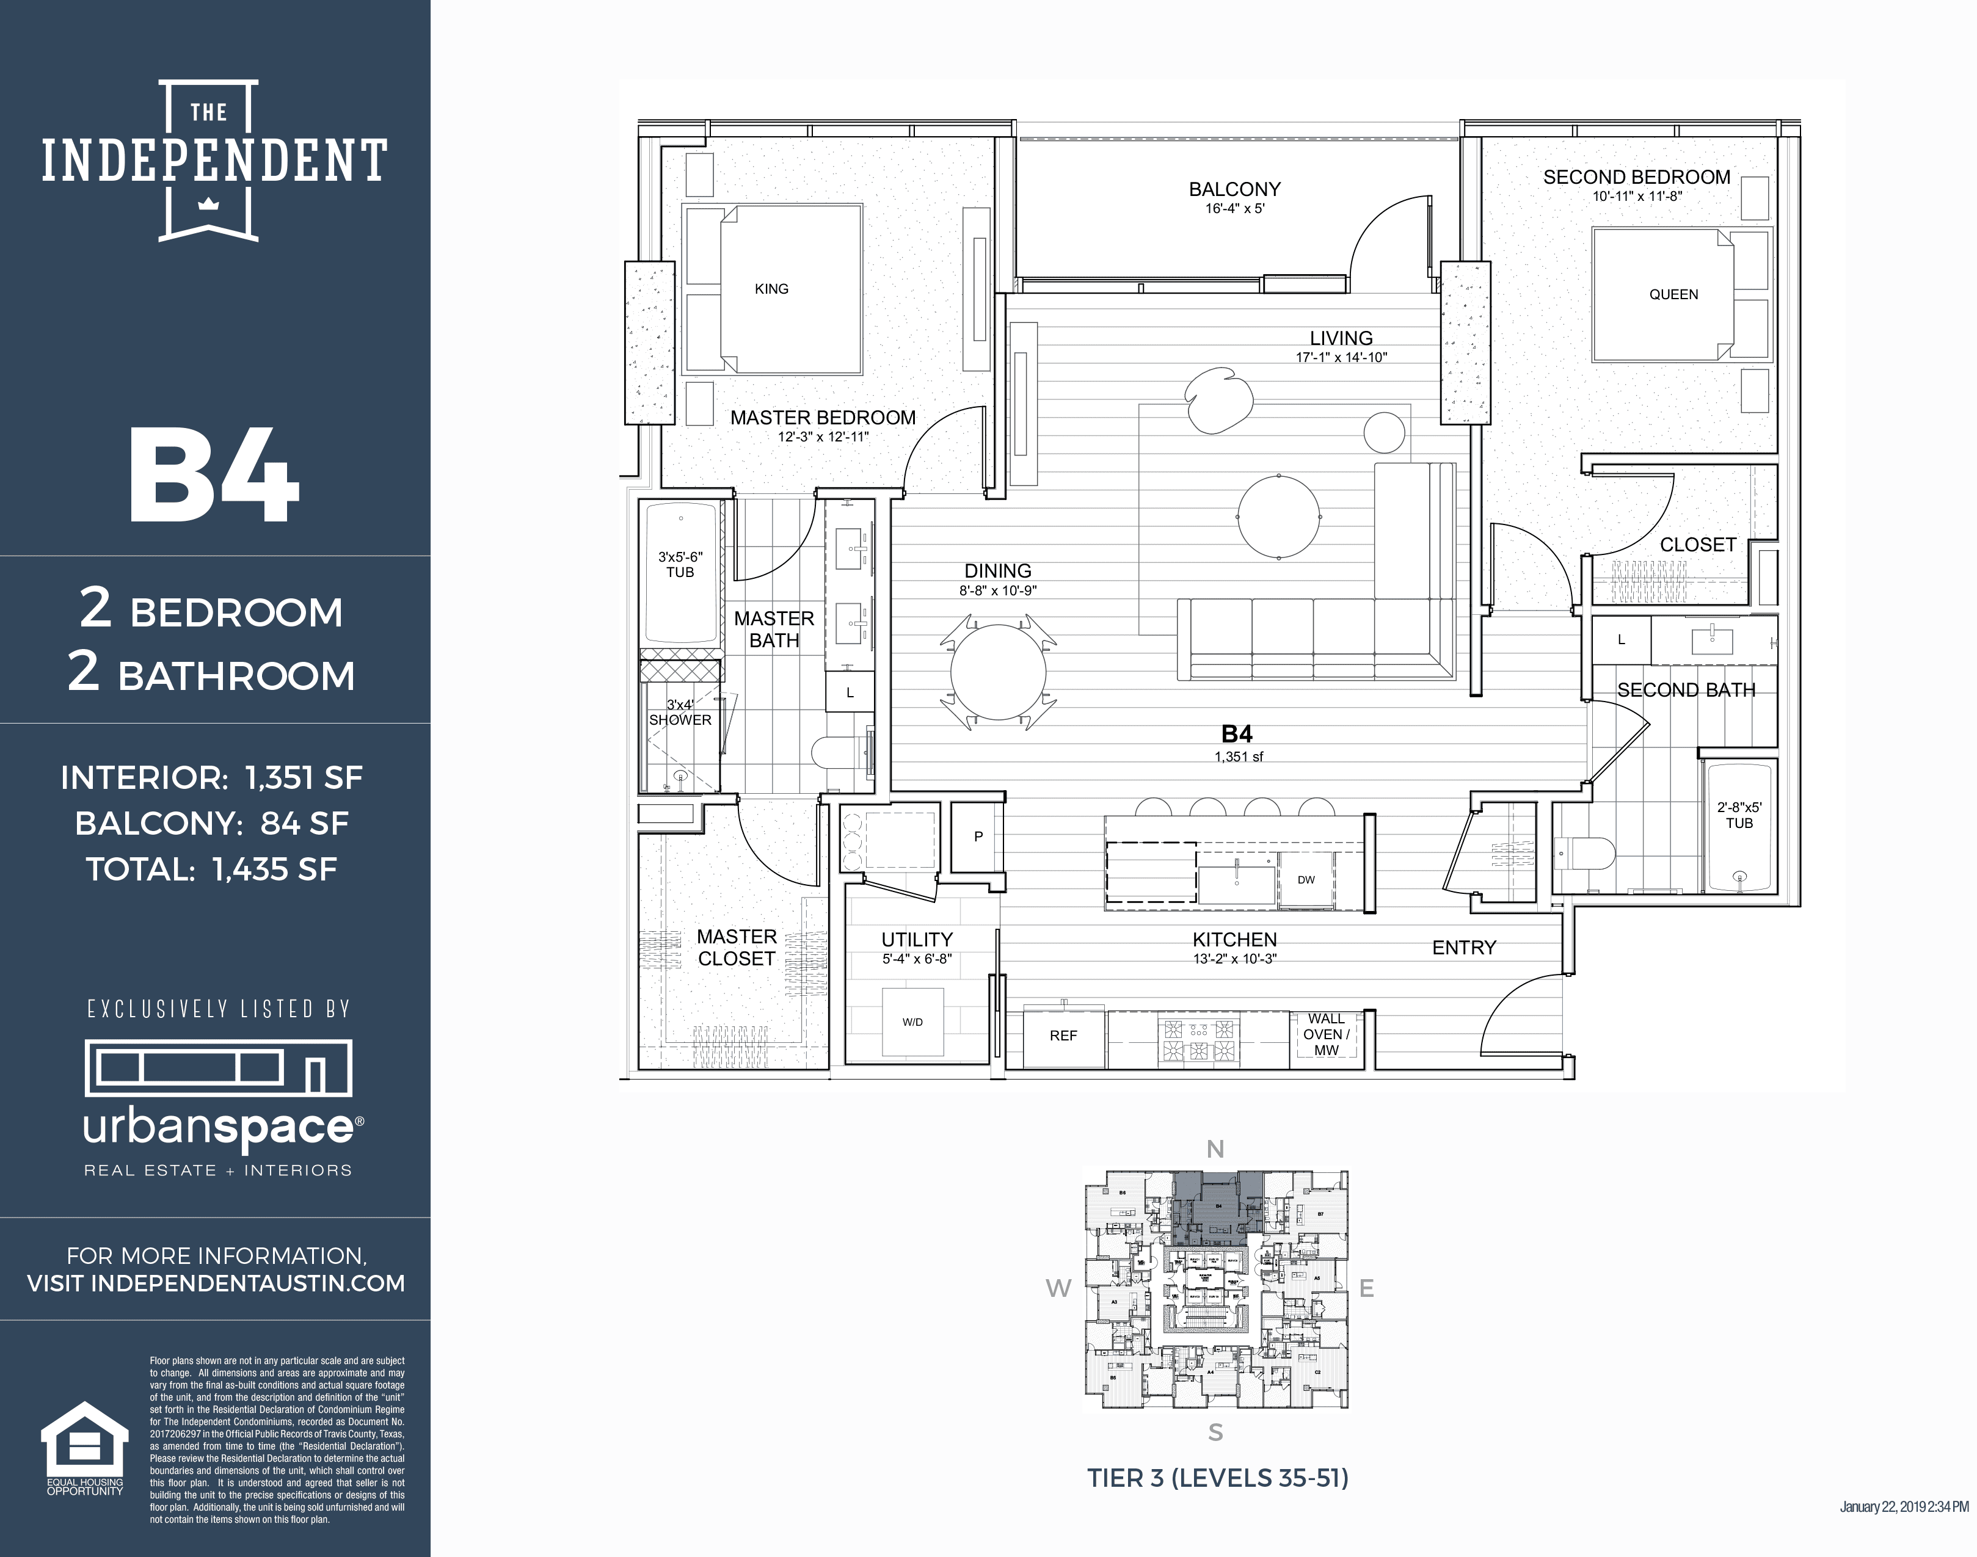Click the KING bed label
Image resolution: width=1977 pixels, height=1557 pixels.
tap(771, 289)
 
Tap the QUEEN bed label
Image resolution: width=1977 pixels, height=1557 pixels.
tap(1673, 294)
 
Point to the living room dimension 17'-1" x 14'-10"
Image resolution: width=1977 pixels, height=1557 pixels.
tap(1341, 357)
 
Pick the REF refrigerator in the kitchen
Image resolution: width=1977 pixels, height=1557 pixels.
tap(1063, 1037)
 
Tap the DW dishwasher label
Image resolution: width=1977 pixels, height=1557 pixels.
tap(1306, 880)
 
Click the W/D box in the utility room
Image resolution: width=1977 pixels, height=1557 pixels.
tap(913, 1022)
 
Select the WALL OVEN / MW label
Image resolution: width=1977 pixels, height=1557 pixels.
tap(1326, 1035)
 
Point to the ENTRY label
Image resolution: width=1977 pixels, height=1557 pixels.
tap(1463, 948)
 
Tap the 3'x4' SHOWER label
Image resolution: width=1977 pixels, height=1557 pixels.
tap(680, 713)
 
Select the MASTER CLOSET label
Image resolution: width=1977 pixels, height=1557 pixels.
tap(736, 948)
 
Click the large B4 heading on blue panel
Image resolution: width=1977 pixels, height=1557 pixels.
tap(214, 477)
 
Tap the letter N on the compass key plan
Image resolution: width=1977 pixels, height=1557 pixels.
tap(1215, 1150)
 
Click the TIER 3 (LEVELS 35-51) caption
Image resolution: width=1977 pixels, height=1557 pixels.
tap(1217, 1478)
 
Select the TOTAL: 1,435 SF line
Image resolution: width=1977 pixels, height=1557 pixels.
tap(211, 869)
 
